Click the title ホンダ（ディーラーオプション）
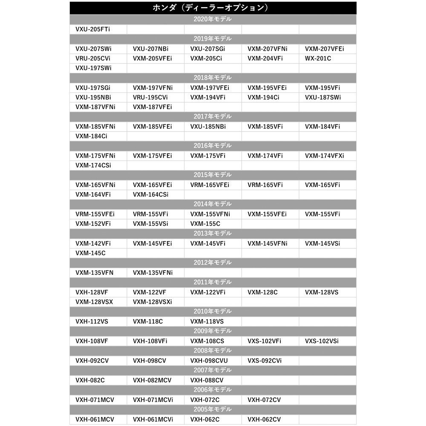coord(213,8)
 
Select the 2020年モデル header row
coord(213,20)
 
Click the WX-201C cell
coord(318,58)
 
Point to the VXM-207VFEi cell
coord(324,49)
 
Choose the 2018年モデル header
coord(213,78)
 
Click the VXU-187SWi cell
coord(323,97)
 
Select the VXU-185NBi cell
coord(208,127)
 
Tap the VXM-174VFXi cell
coord(324,155)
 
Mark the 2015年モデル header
coord(213,175)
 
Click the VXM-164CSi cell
coord(150,195)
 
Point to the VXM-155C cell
coord(205,224)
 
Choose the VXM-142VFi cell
coord(93,243)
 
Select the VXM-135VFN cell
coord(95,272)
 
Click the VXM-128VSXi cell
coord(152,302)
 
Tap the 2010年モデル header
coord(213,311)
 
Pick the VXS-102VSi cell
coord(322,341)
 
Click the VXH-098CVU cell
coord(209,360)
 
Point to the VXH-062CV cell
coord(264,419)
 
